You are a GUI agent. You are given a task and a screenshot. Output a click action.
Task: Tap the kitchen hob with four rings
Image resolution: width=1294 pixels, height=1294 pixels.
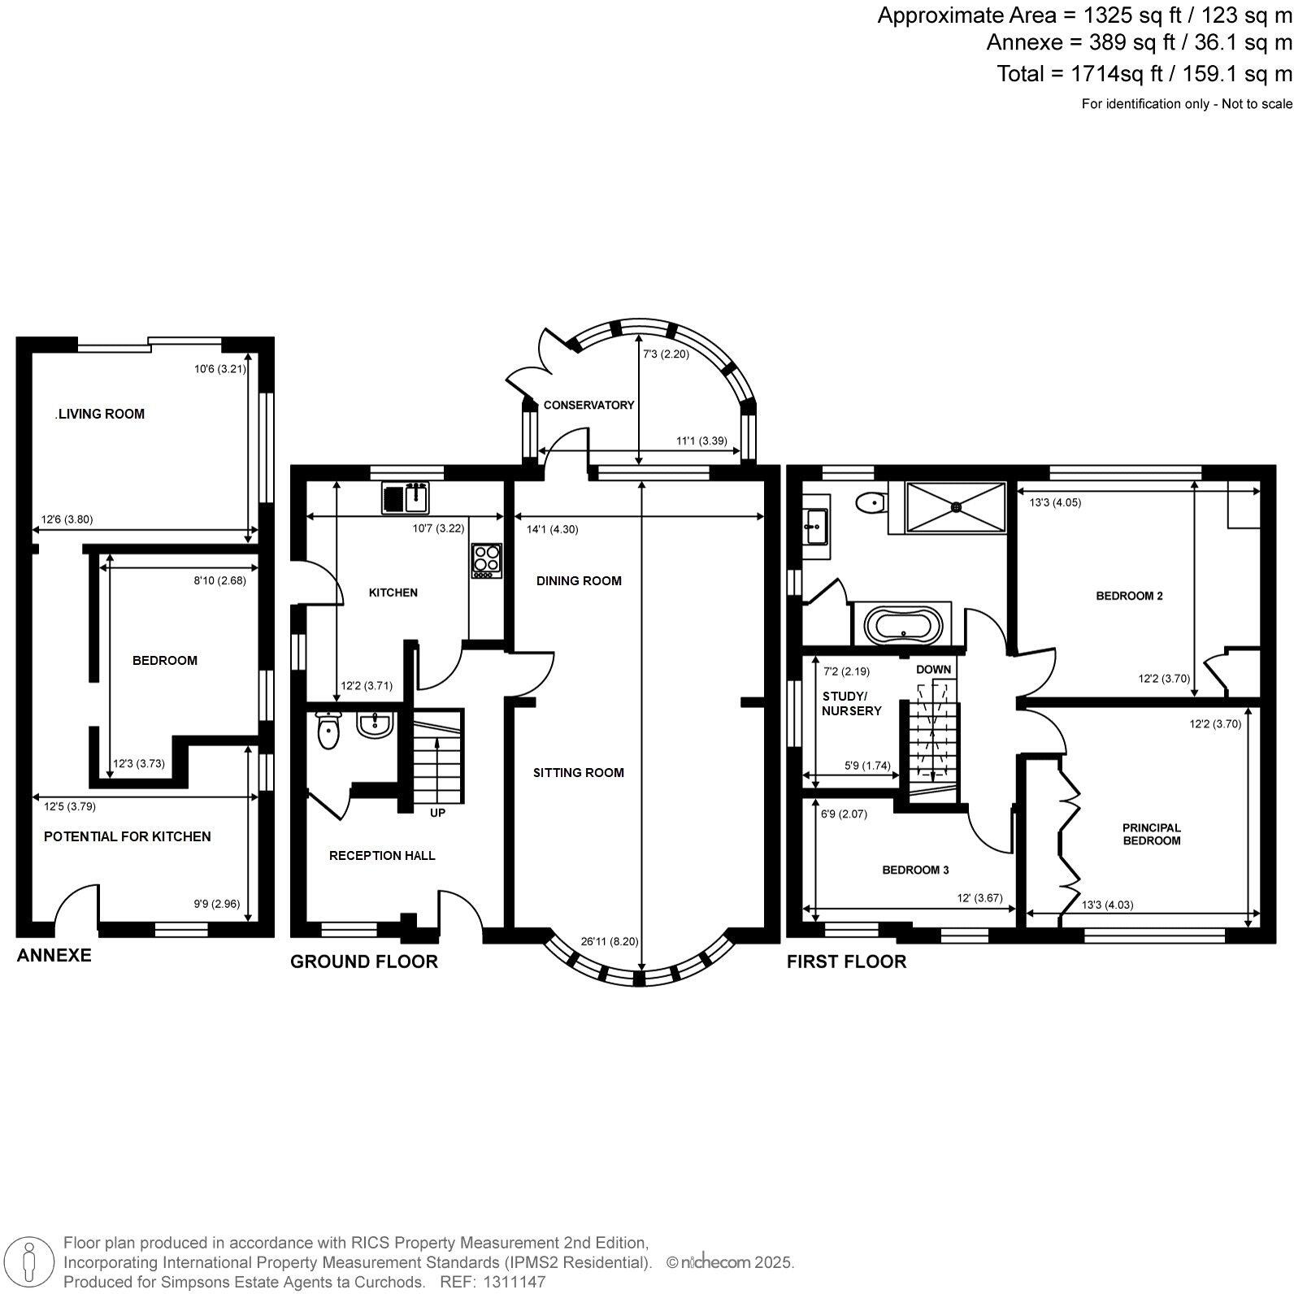[x=487, y=561]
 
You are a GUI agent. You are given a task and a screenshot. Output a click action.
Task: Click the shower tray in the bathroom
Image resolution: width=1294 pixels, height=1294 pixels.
[x=956, y=507]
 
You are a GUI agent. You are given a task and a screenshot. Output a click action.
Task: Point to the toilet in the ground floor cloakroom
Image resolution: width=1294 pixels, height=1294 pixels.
[x=328, y=732]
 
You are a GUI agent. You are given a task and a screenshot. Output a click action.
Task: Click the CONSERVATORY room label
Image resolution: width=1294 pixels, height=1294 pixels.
[x=588, y=405]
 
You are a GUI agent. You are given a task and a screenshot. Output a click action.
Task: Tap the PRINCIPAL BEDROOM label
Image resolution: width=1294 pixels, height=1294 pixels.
[x=1151, y=834]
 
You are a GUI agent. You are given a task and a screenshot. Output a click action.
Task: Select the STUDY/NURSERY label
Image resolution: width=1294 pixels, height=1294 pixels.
[x=850, y=704]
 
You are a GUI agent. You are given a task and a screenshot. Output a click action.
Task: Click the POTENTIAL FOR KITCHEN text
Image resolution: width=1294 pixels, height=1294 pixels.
[x=127, y=836]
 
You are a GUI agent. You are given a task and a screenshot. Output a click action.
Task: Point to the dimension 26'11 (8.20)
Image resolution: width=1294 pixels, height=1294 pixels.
[x=610, y=941]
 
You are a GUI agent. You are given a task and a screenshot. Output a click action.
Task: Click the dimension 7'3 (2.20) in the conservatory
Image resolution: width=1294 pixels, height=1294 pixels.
[x=666, y=354]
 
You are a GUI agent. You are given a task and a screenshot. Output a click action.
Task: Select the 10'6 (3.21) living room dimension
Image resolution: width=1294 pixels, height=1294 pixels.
[x=219, y=369]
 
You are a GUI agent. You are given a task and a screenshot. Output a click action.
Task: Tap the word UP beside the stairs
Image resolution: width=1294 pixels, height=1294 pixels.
[x=437, y=812]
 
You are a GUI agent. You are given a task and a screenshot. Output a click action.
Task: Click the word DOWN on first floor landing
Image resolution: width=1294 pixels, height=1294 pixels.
[x=933, y=670]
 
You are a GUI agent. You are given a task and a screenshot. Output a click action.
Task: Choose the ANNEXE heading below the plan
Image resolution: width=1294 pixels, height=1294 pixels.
[x=54, y=955]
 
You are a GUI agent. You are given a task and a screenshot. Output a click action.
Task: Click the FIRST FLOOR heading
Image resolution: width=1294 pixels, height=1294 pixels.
[x=845, y=962]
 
